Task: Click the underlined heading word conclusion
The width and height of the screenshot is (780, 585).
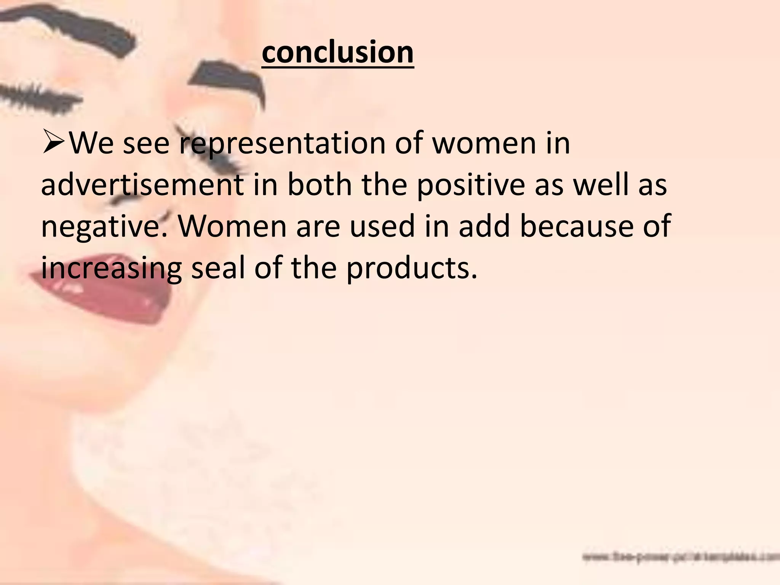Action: click(x=337, y=53)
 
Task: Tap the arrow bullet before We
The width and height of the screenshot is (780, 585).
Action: click(x=54, y=142)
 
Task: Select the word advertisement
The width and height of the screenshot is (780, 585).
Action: click(x=142, y=185)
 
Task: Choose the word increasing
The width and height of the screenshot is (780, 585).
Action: click(x=111, y=269)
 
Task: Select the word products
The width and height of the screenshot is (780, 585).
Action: click(x=411, y=269)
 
